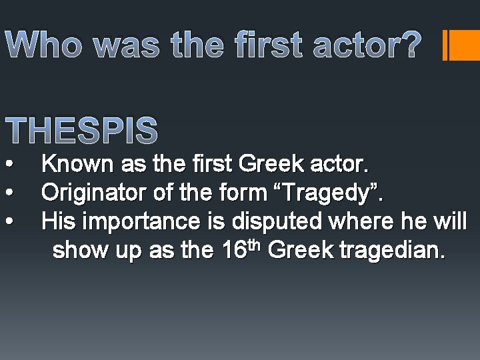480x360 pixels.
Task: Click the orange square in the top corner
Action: click(465, 45)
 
